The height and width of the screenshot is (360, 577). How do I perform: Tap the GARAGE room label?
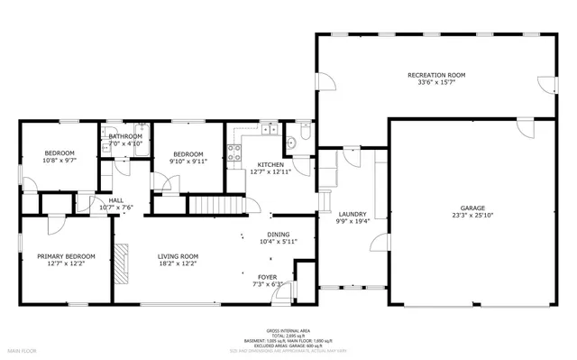coord(473,208)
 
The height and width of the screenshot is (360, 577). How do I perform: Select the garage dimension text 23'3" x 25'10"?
coord(473,216)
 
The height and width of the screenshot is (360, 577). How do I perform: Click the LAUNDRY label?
coord(352,214)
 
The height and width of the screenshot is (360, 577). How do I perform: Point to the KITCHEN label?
coord(270,164)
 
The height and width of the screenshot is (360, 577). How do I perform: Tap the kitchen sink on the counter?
coord(270,133)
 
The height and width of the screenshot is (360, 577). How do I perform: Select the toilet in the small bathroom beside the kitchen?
coord(305,135)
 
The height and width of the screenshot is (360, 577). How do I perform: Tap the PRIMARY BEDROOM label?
coord(66,256)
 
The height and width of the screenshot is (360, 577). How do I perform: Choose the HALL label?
coord(116,200)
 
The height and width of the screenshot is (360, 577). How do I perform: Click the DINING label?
coord(278,235)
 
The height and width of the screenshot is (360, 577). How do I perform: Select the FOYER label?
coord(267,277)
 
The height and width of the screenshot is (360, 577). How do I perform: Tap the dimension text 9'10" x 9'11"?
coord(188,162)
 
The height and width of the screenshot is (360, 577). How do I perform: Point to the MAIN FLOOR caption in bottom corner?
coord(22,349)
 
